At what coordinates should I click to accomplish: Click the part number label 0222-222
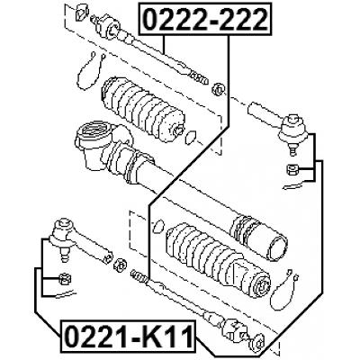[x=205, y=19]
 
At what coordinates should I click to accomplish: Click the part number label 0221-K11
[x=128, y=337]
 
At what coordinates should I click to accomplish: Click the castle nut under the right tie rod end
[x=291, y=170]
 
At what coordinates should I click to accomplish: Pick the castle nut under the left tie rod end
[x=65, y=279]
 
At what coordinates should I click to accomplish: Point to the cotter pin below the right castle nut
[x=293, y=185]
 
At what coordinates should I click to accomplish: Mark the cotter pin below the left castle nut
[x=65, y=294]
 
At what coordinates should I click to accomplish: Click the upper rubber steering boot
[x=143, y=109]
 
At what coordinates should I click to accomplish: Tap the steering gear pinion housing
[x=95, y=144]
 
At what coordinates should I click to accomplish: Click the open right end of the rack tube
[x=278, y=249]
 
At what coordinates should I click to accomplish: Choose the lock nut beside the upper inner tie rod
[x=218, y=89]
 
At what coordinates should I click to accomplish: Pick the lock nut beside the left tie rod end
[x=121, y=264]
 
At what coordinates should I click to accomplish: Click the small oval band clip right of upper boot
[x=191, y=137]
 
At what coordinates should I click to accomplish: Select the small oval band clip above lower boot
[x=158, y=227]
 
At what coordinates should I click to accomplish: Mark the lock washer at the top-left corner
[x=81, y=12]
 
